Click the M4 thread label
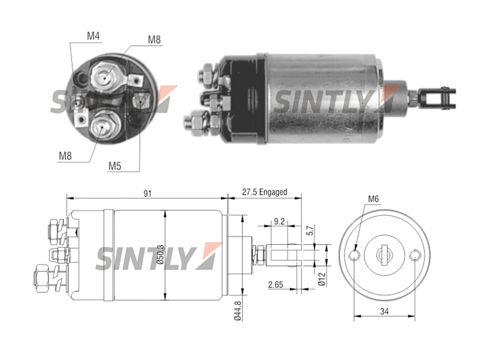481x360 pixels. [93, 36]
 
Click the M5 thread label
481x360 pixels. [115, 166]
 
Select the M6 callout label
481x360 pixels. [373, 199]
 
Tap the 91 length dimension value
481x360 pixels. [148, 194]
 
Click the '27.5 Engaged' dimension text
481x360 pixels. [264, 192]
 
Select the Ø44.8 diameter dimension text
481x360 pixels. [237, 311]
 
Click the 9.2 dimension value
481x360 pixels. [279, 221]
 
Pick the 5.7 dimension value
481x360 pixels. [309, 230]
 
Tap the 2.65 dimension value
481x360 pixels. [275, 285]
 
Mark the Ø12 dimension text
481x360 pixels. [322, 279]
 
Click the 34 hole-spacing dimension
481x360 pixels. [384, 311]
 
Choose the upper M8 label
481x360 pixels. [154, 40]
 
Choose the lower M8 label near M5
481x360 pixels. [65, 156]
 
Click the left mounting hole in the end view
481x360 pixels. [355, 255]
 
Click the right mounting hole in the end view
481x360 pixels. [414, 255]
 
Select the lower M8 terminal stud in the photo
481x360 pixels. [102, 126]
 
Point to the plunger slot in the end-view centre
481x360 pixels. [384, 255]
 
